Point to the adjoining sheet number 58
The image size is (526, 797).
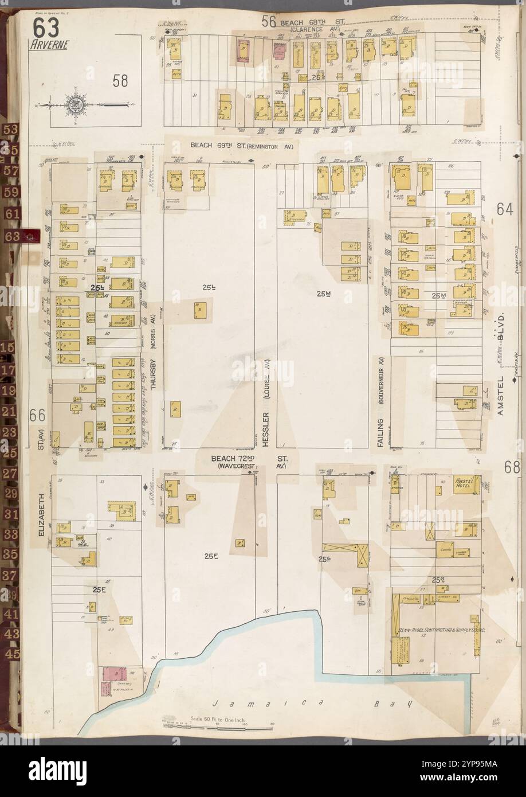click(120, 81)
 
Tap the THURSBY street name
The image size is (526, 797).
click(153, 375)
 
